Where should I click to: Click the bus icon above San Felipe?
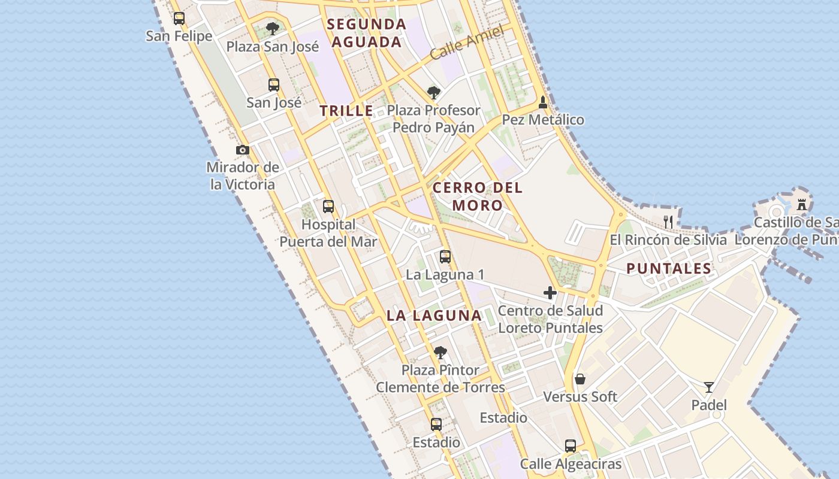(179, 19)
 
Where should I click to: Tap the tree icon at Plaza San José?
(273, 28)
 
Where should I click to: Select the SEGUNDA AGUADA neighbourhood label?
(367, 33)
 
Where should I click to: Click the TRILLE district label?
(346, 111)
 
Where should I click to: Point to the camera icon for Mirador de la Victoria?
(243, 150)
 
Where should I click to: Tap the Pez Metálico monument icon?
(543, 102)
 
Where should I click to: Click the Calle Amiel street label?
(460, 46)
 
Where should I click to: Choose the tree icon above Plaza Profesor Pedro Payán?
(434, 93)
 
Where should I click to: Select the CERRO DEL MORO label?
(478, 196)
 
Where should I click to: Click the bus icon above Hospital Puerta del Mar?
(328, 207)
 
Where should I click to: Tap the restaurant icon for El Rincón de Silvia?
(668, 222)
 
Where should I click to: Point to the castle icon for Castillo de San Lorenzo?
(802, 205)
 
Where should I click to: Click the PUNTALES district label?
(669, 268)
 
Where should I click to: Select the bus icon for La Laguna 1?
(445, 257)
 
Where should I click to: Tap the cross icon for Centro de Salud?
(550, 293)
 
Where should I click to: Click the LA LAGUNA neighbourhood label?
(434, 316)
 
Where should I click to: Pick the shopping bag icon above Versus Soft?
(580, 379)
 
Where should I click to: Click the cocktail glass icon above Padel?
(709, 387)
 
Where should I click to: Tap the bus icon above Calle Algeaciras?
(571, 446)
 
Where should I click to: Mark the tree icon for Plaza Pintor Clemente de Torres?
(440, 352)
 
